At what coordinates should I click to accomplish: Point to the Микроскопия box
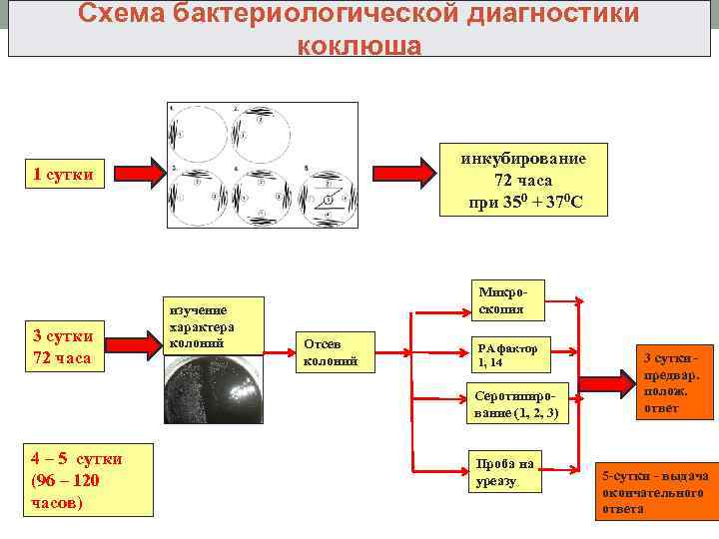coord(510,300)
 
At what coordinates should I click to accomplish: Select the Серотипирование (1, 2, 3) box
coord(519,404)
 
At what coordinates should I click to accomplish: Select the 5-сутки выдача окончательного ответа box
coord(655,491)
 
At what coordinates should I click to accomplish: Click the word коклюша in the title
coord(359,46)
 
